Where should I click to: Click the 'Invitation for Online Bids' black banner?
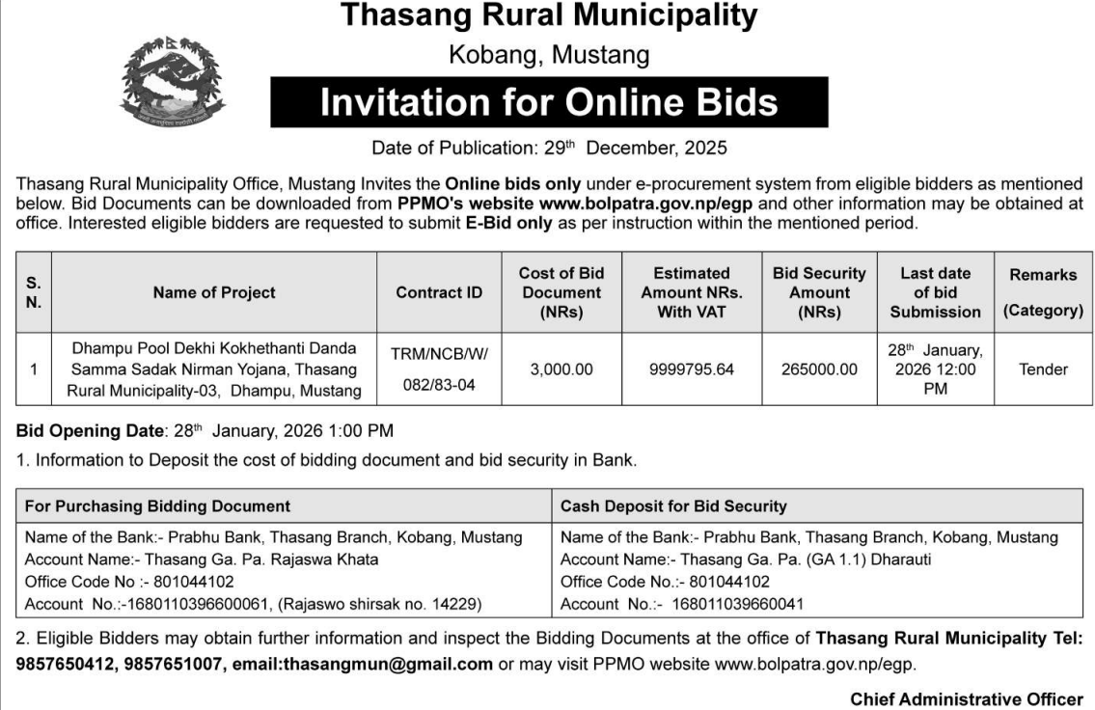(x=549, y=102)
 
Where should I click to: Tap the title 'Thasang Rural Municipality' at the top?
(x=549, y=16)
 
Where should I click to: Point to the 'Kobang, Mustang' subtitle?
(x=549, y=55)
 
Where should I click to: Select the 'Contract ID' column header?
(x=439, y=292)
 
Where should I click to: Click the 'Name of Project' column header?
(x=214, y=292)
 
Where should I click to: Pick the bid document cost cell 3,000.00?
(x=561, y=369)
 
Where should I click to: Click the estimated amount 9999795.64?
(x=692, y=369)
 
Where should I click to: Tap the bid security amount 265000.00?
(x=819, y=369)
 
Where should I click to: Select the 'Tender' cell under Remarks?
(x=1042, y=369)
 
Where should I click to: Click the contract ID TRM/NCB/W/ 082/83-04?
(x=439, y=369)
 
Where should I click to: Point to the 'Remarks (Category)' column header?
(x=1042, y=292)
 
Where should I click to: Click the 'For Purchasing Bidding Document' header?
(x=157, y=505)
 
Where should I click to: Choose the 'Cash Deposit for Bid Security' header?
(x=673, y=505)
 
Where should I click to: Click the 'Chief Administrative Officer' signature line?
(x=966, y=700)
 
